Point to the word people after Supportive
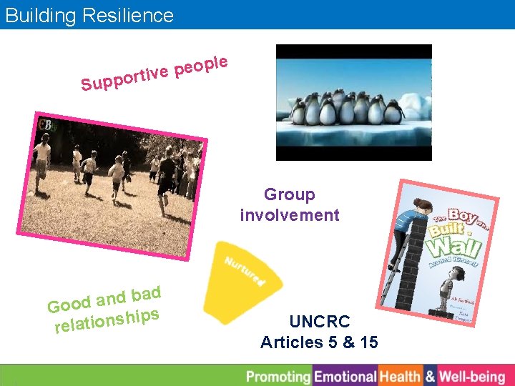[x=201, y=65]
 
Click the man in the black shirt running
[x=167, y=175]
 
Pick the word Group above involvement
[x=290, y=194]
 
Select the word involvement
[x=290, y=215]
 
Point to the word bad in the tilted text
[x=145, y=295]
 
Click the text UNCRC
[x=319, y=322]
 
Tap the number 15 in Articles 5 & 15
[x=368, y=342]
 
